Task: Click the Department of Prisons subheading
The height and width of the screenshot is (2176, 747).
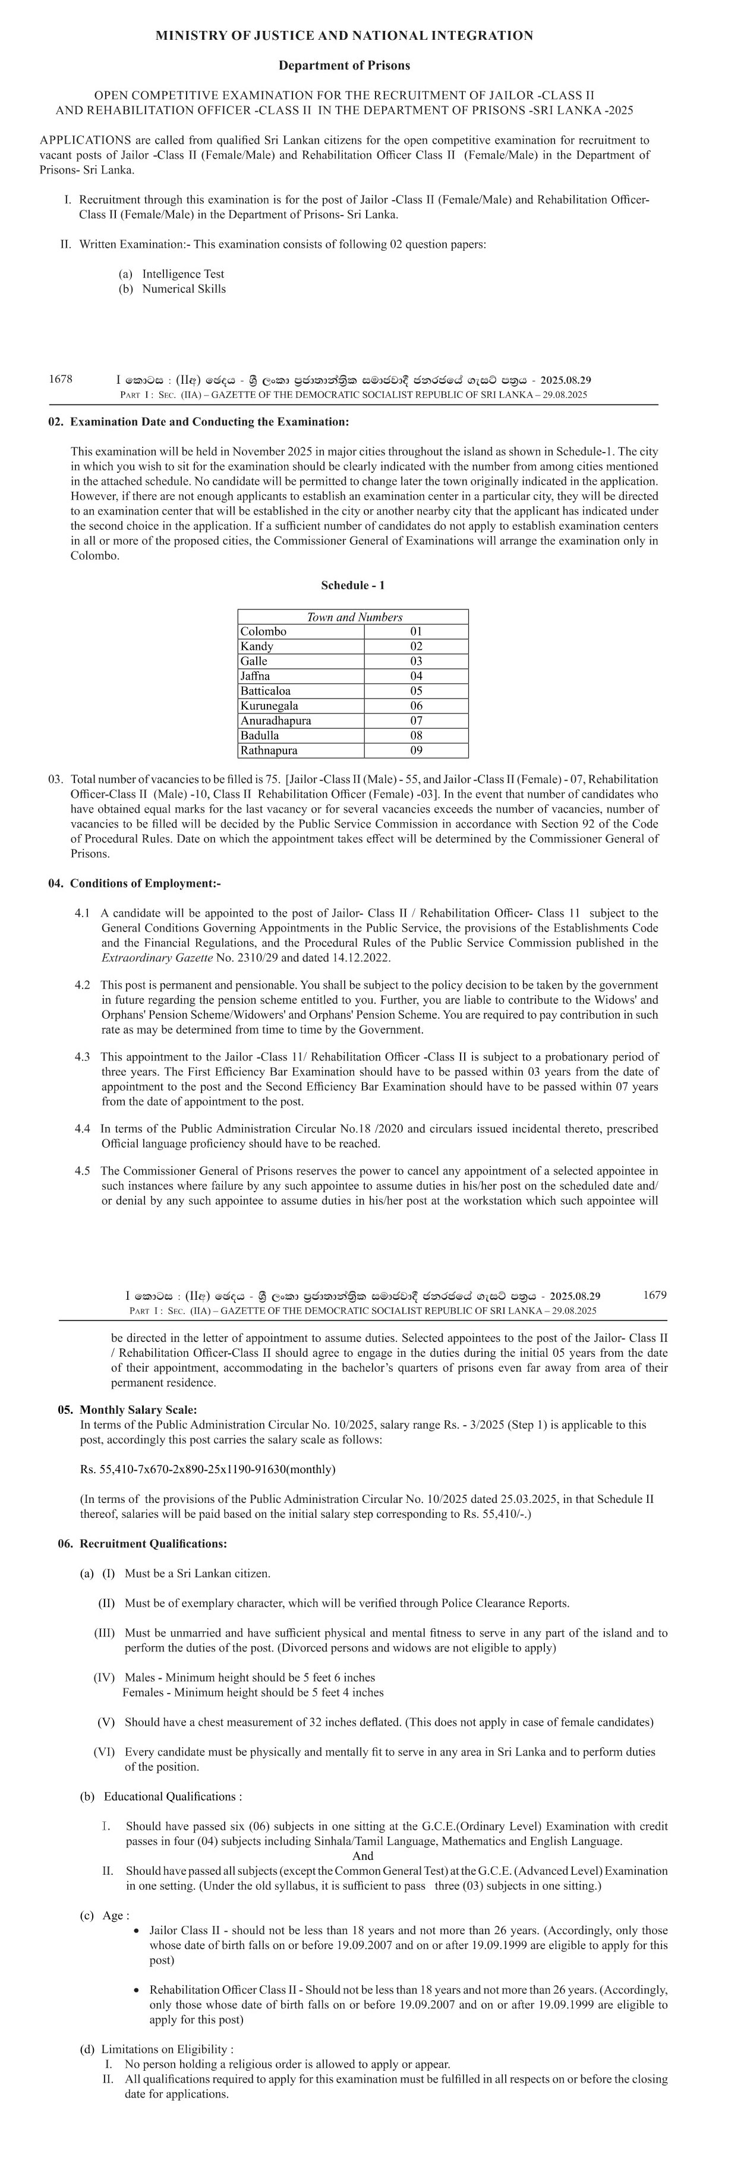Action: click(x=344, y=65)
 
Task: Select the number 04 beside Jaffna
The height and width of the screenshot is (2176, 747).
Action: click(x=416, y=676)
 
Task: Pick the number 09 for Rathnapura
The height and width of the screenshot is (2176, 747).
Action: click(x=416, y=750)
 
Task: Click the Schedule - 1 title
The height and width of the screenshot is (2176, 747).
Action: click(x=353, y=585)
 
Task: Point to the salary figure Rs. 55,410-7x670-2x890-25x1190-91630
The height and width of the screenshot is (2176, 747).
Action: click(x=207, y=1469)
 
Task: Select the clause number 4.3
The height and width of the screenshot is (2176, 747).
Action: click(x=82, y=1057)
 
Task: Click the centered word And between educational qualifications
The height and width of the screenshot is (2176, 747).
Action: click(x=363, y=1856)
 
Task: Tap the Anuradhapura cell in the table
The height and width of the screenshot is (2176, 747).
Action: click(x=276, y=721)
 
